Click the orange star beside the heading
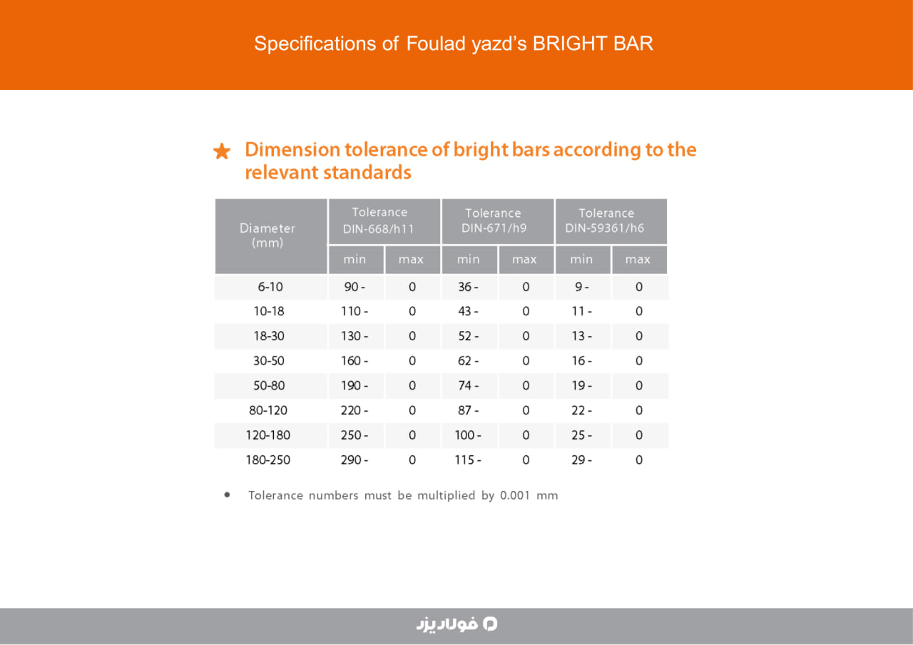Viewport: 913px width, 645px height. (x=222, y=151)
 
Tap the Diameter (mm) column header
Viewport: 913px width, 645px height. (x=267, y=235)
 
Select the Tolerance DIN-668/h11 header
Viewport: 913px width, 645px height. (x=379, y=220)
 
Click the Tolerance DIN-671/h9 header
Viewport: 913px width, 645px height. (x=493, y=220)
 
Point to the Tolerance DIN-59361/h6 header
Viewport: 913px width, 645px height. (x=606, y=220)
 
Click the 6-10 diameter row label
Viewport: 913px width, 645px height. (x=270, y=287)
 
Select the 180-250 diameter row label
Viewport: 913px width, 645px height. (x=267, y=460)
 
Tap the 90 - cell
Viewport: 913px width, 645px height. (x=355, y=287)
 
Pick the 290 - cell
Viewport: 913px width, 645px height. (x=355, y=460)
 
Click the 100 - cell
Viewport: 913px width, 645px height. (x=468, y=435)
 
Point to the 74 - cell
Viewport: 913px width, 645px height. (x=468, y=385)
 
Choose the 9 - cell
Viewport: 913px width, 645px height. (x=581, y=287)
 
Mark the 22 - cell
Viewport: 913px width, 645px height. (x=581, y=410)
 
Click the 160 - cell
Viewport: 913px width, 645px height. (x=355, y=361)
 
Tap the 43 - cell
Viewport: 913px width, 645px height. (x=468, y=312)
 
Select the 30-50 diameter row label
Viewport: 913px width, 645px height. (x=269, y=361)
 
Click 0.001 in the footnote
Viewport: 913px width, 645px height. (x=515, y=495)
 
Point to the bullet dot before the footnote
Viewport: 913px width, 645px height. (x=227, y=495)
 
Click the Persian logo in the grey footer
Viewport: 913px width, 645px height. (x=456, y=624)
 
